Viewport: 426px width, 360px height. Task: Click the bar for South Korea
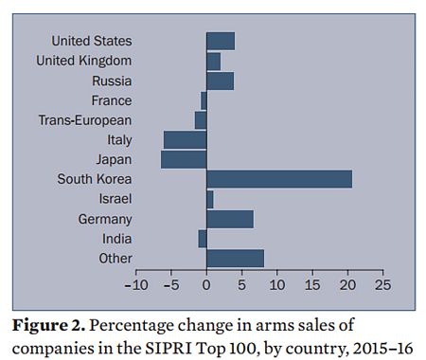(x=278, y=179)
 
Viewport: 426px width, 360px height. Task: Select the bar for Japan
(x=184, y=159)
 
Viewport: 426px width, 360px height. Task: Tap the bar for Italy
(x=185, y=139)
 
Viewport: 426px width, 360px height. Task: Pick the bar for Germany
(x=229, y=219)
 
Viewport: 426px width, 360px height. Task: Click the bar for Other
(x=235, y=258)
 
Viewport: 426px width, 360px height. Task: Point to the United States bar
(x=220, y=41)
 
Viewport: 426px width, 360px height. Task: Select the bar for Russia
(x=220, y=81)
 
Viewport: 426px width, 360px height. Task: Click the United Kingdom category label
(x=83, y=61)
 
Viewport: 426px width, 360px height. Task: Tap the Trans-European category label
(x=84, y=120)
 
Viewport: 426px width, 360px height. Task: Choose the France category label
(x=111, y=100)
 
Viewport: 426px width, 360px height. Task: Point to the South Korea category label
(x=94, y=179)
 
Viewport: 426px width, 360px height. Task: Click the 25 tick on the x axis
(x=382, y=283)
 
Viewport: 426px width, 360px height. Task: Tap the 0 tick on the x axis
(x=206, y=283)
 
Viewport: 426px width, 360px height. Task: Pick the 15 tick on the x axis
(x=311, y=283)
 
